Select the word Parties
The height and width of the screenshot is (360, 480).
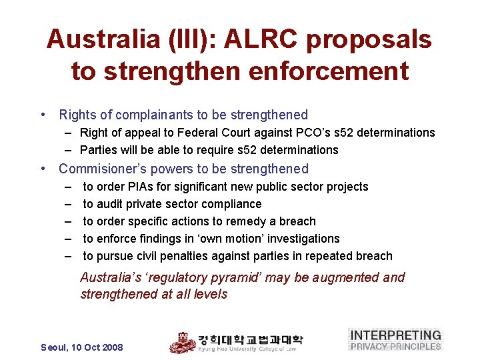(99, 150)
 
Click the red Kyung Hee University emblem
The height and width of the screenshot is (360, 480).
(181, 343)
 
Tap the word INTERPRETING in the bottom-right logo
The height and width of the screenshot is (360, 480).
(396, 335)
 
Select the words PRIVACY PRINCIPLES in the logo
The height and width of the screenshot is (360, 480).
(396, 346)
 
